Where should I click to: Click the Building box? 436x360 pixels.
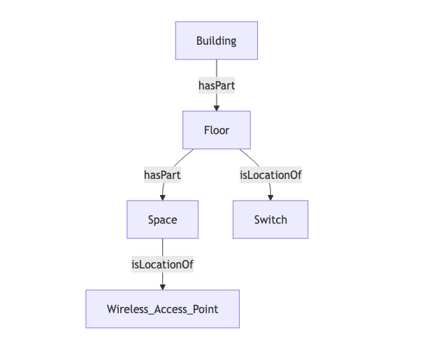(216, 41)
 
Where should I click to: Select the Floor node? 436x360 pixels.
(216, 130)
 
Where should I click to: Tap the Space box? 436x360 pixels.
(162, 219)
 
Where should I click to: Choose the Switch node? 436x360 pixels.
(270, 219)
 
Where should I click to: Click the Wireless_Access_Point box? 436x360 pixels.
(162, 309)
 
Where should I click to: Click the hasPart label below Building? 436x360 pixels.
(216, 85)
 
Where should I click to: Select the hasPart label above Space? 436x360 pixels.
(162, 175)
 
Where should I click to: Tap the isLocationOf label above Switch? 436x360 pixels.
(270, 175)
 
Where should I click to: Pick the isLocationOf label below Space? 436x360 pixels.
(162, 264)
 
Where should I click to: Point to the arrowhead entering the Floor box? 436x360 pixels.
(217, 108)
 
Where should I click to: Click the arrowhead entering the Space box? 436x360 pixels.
(163, 197)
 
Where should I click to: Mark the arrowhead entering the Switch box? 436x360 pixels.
(270, 197)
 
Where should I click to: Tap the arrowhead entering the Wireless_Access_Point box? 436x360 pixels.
(163, 287)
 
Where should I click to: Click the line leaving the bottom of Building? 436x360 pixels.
(217, 68)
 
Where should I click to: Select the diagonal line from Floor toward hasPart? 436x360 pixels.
(183, 157)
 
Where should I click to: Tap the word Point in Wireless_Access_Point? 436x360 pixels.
(205, 309)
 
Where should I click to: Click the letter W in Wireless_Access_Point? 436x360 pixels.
(112, 309)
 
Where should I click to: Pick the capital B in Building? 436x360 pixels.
(199, 41)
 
